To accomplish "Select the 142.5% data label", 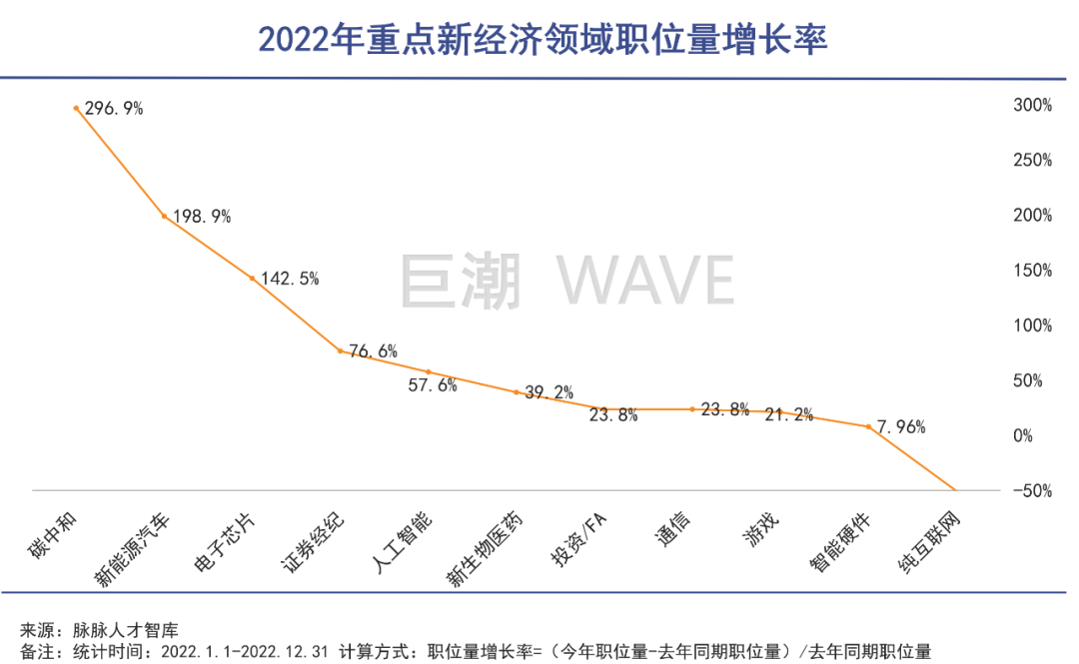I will pyautogui.click(x=290, y=279).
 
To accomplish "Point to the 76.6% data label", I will pyautogui.click(x=373, y=350).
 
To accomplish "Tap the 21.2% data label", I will pyautogui.click(x=788, y=414).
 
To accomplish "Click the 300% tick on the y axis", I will pyautogui.click(x=1030, y=105).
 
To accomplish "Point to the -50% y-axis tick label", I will pyautogui.click(x=1028, y=490).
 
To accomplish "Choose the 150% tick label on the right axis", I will pyautogui.click(x=1030, y=271).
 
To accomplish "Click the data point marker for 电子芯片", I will pyautogui.click(x=252, y=278).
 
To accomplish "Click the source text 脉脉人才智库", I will pyautogui.click(x=125, y=630).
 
